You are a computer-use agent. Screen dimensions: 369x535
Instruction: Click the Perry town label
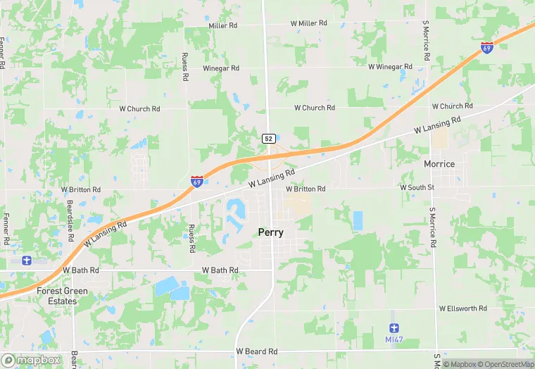(271, 232)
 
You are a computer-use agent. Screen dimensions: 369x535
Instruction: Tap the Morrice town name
(439, 164)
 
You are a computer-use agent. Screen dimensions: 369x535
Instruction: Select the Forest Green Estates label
(63, 296)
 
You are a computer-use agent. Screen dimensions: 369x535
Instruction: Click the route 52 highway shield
(268, 139)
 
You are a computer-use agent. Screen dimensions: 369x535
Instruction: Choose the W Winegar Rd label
(390, 67)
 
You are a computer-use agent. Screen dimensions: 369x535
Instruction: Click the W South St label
(418, 188)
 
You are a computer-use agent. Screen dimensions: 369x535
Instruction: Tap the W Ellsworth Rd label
(462, 308)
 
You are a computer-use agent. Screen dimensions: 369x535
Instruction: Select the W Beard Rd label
(257, 351)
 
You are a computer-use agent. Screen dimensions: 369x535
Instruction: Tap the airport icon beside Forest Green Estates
(27, 261)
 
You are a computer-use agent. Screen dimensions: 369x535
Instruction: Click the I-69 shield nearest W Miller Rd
(486, 47)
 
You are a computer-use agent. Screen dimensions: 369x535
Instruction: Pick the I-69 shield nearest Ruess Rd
(197, 182)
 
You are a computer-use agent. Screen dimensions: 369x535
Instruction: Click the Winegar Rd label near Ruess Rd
(221, 68)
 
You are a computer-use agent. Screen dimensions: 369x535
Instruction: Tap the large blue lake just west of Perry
(234, 209)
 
